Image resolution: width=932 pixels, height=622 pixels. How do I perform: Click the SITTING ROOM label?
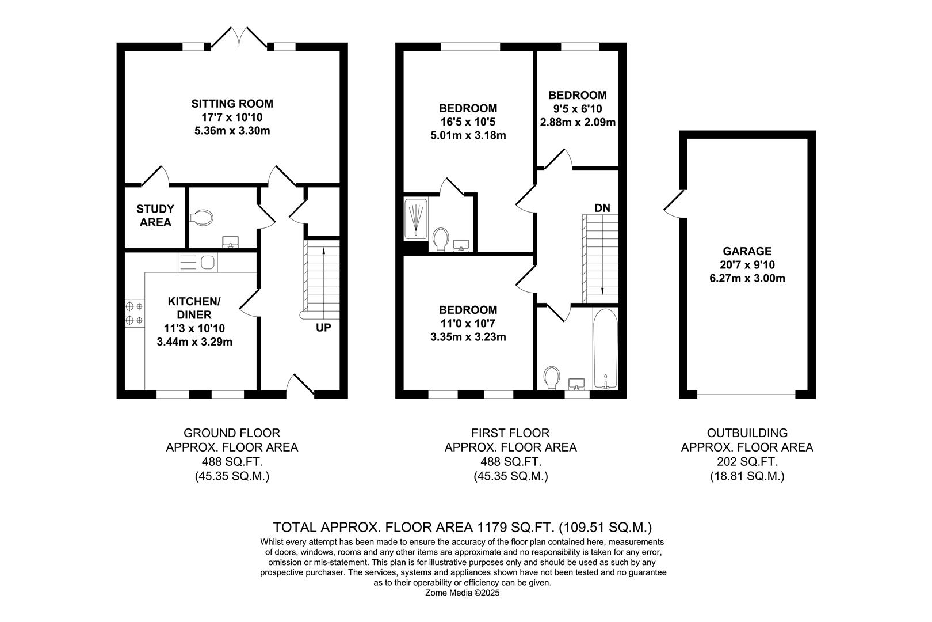pyautogui.click(x=232, y=104)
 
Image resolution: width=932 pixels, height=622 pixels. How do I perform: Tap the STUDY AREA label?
pyautogui.click(x=155, y=215)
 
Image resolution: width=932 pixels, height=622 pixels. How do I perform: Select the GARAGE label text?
pyautogui.click(x=747, y=251)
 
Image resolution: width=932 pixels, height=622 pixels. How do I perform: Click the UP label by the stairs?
pyautogui.click(x=323, y=328)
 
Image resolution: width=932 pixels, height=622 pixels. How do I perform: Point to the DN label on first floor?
pyautogui.click(x=602, y=208)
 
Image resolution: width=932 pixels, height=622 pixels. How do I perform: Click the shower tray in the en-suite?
pyautogui.click(x=416, y=219)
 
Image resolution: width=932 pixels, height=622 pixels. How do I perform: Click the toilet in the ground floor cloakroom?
pyautogui.click(x=202, y=217)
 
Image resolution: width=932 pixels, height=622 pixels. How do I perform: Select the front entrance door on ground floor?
pyautogui.click(x=300, y=386)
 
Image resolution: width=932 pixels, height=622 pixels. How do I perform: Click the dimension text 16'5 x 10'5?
pyautogui.click(x=468, y=122)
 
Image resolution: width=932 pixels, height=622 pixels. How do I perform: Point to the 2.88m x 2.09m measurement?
pyautogui.click(x=577, y=122)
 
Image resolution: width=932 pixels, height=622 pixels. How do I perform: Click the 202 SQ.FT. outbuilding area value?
pyautogui.click(x=747, y=462)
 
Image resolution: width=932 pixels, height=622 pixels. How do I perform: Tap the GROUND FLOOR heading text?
pyautogui.click(x=232, y=433)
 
